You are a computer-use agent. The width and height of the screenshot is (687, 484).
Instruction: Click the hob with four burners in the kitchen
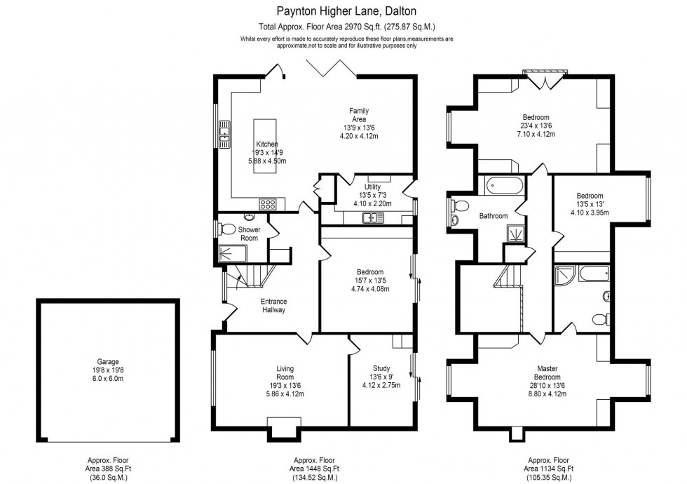(x=268, y=204)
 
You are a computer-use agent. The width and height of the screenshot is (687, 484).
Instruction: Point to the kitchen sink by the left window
(x=225, y=133)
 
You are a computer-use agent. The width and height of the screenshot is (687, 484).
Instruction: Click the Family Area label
(x=359, y=114)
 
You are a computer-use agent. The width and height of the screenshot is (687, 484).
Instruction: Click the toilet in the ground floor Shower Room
(x=226, y=228)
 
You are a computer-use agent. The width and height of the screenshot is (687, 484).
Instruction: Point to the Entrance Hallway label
(x=273, y=306)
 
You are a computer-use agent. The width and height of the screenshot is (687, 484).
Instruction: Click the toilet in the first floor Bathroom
(x=460, y=206)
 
